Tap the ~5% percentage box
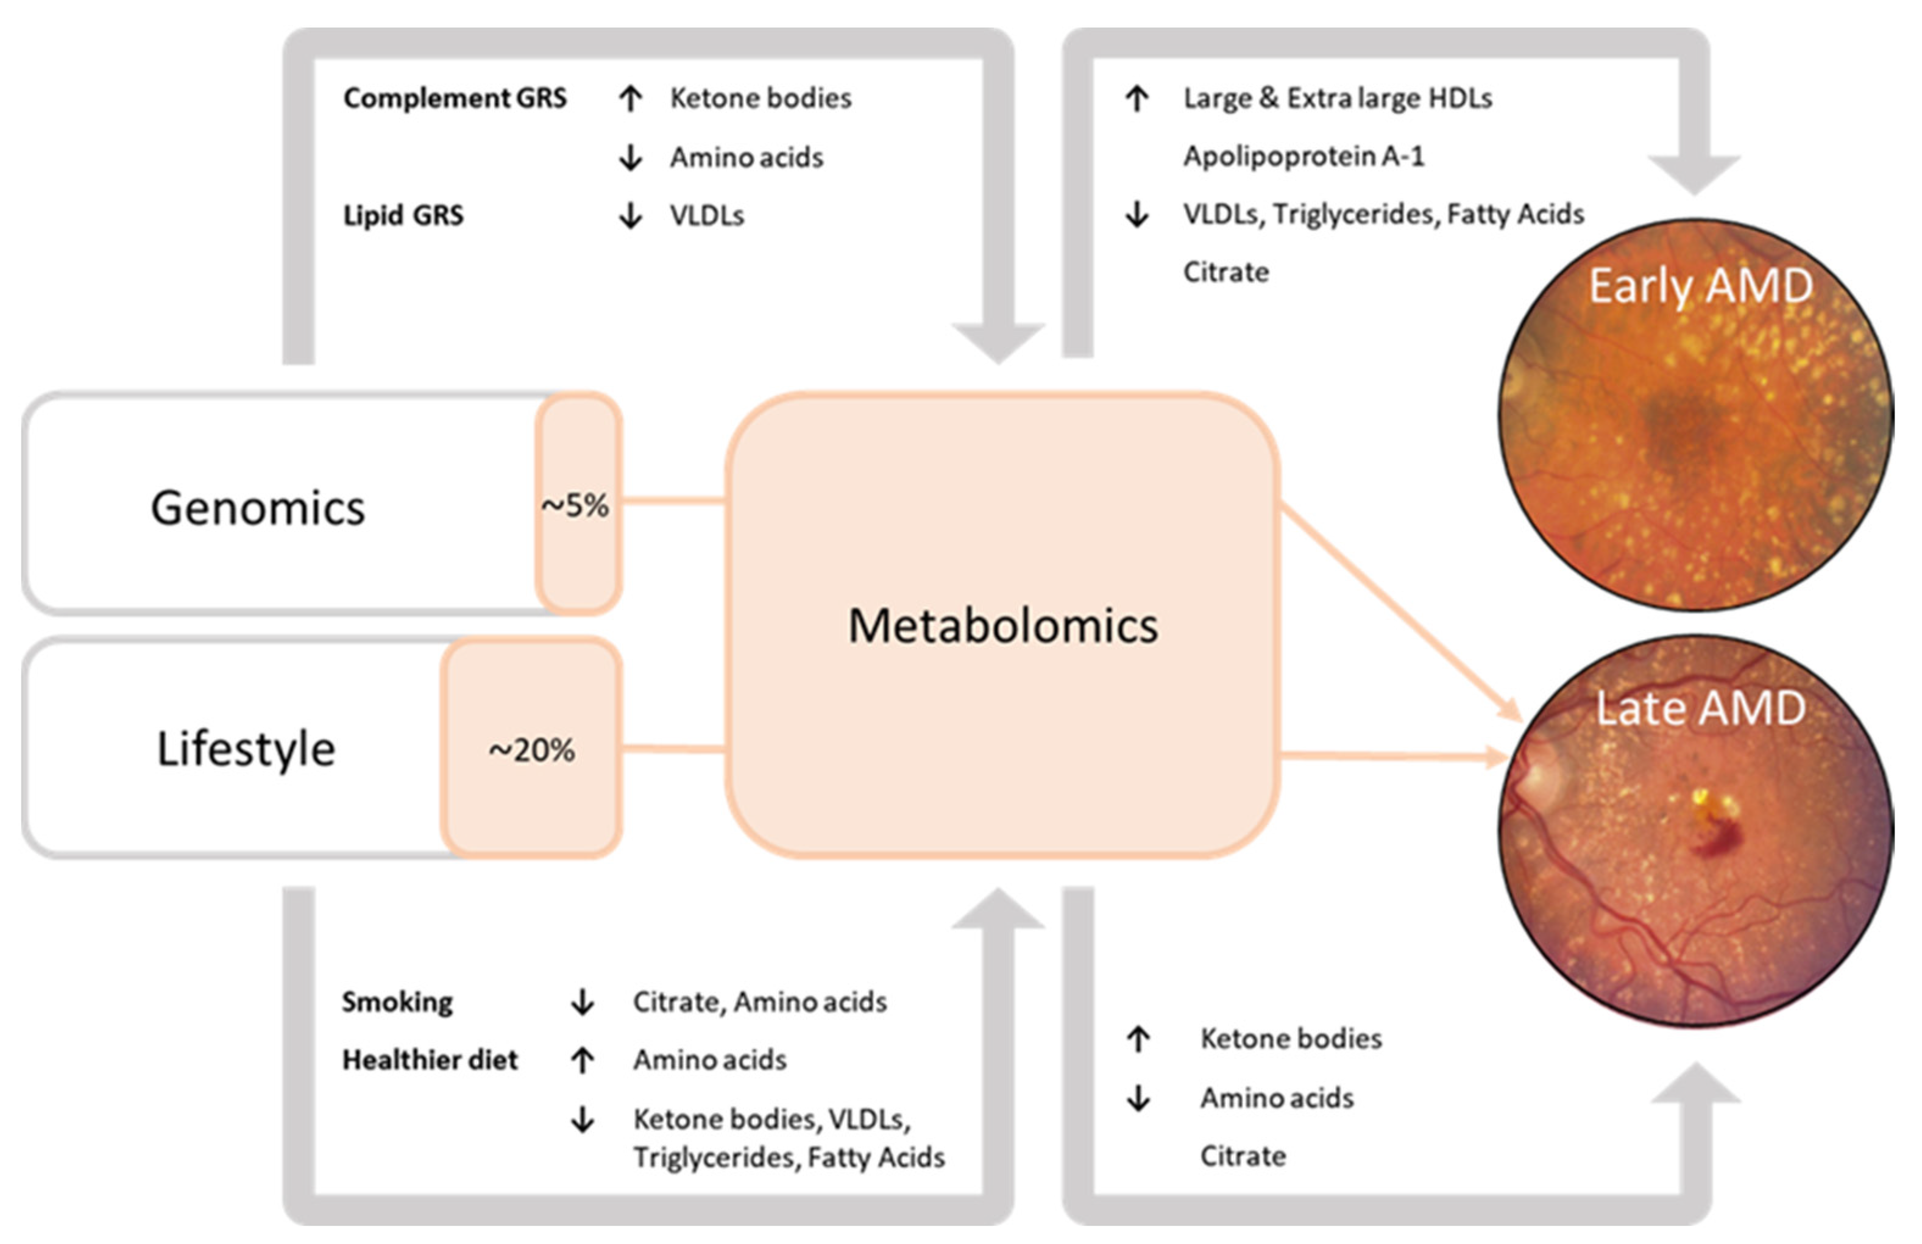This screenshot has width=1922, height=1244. (x=576, y=506)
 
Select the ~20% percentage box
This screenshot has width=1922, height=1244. (x=531, y=750)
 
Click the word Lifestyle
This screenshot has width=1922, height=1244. (x=246, y=749)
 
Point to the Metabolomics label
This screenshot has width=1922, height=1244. (x=1002, y=626)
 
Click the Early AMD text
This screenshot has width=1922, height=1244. (x=1701, y=286)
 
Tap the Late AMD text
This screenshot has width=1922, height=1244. (x=1701, y=708)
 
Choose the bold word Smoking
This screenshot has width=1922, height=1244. (x=397, y=1001)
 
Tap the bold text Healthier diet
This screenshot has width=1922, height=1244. (x=430, y=1060)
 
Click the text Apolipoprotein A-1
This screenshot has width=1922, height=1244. (x=1303, y=156)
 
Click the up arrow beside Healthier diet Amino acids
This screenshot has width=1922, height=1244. (x=582, y=1060)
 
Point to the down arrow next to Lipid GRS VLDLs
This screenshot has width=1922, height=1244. (x=631, y=216)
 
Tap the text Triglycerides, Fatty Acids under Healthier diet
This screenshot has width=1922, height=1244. (x=788, y=1157)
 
